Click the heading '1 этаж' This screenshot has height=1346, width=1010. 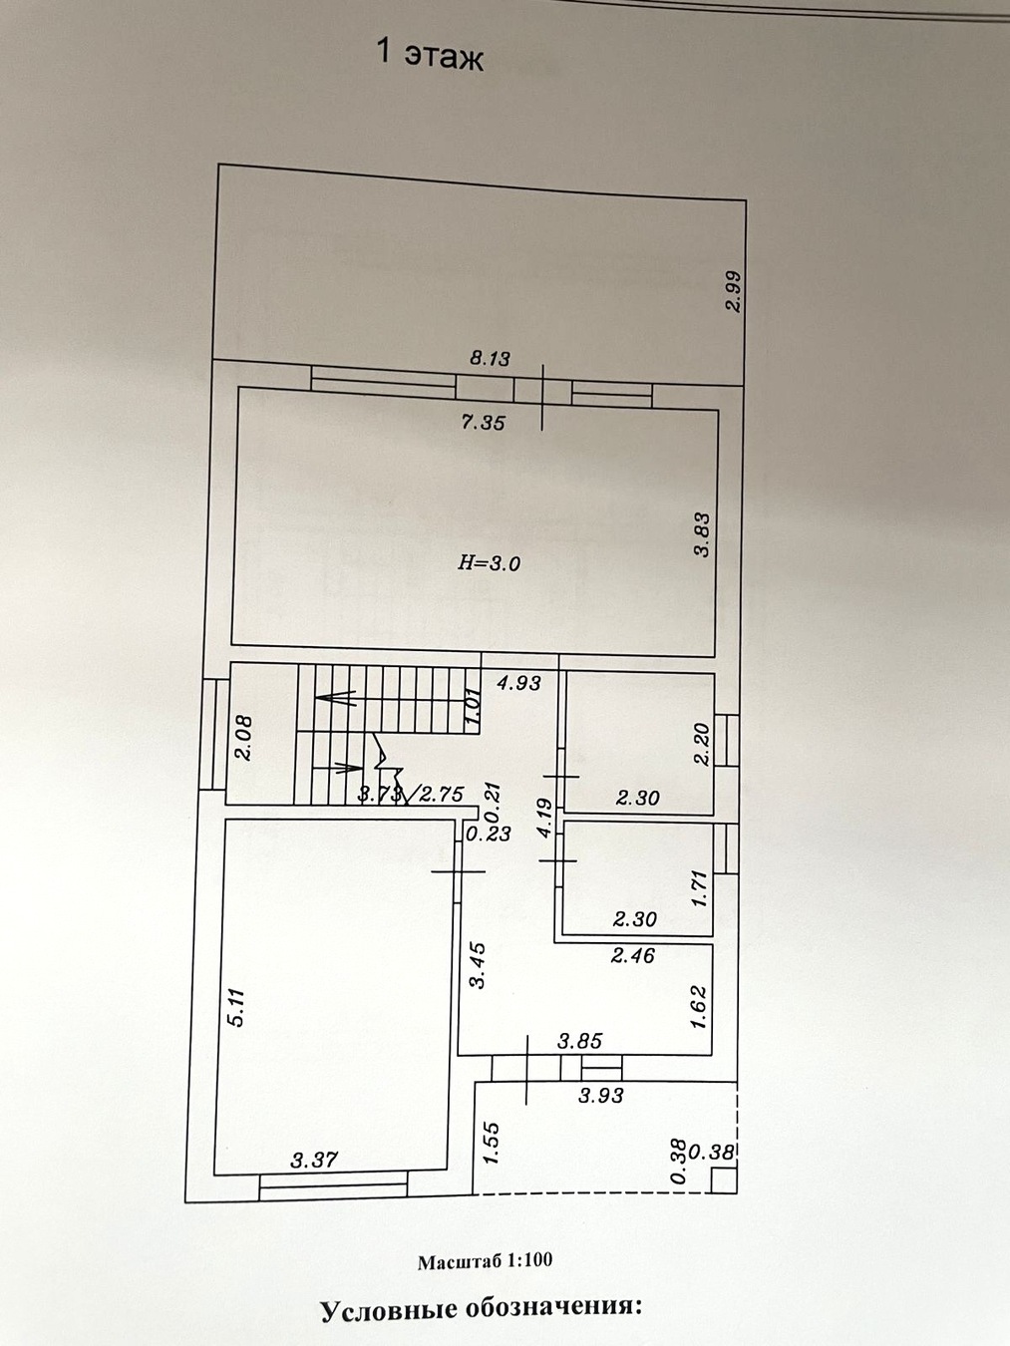(430, 55)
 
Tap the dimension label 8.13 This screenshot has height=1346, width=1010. (490, 358)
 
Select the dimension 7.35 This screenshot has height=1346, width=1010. (484, 422)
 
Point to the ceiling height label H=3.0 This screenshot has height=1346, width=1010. (490, 563)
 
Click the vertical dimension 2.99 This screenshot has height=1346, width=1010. (734, 292)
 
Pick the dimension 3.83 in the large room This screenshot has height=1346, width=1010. (702, 534)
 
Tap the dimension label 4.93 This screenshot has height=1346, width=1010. (518, 683)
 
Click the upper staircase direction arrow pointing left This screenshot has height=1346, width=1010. (335, 698)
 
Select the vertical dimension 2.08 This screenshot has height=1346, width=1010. (243, 739)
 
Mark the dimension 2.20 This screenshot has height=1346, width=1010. (702, 745)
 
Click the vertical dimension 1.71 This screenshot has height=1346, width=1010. (700, 889)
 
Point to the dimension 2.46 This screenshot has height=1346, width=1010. (633, 955)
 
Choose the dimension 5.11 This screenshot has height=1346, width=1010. (236, 1006)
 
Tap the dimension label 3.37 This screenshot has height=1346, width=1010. (314, 1160)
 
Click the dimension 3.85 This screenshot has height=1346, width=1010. (579, 1041)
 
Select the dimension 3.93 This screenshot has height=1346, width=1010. (601, 1095)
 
